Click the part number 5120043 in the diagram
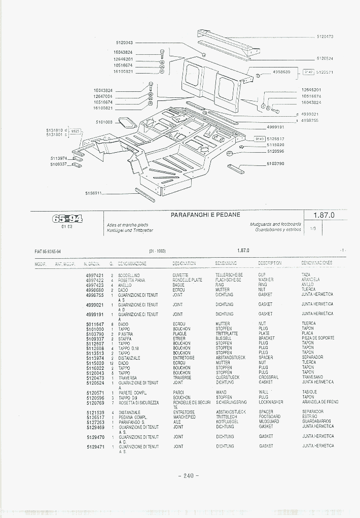click(124, 43)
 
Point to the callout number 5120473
click(325, 37)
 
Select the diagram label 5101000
click(104, 122)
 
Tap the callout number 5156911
click(94, 193)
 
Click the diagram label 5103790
click(276, 164)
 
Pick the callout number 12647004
click(103, 96)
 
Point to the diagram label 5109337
click(59, 164)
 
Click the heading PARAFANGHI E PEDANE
click(205, 215)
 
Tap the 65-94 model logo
click(67, 219)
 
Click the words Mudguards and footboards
click(275, 224)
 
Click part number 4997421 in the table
click(95, 275)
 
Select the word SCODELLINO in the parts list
click(129, 275)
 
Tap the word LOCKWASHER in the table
click(271, 402)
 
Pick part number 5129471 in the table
click(95, 446)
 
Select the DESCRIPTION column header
click(270, 263)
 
